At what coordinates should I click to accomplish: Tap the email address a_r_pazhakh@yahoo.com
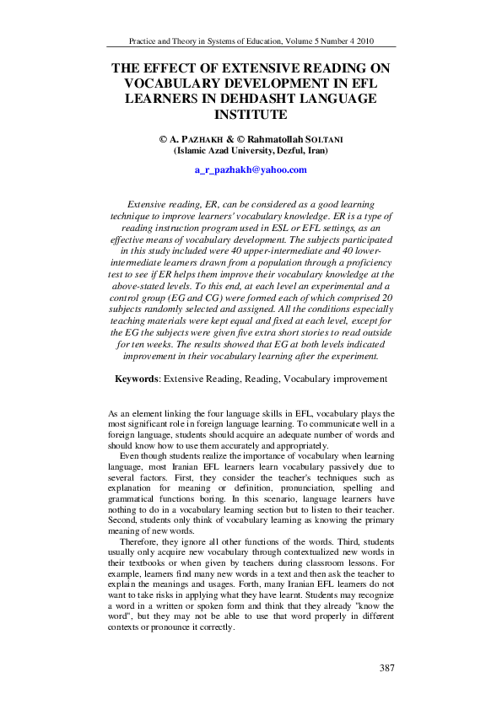point(251,169)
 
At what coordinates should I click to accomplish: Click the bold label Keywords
point(138,379)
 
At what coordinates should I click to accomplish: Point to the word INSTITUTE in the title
point(251,114)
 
